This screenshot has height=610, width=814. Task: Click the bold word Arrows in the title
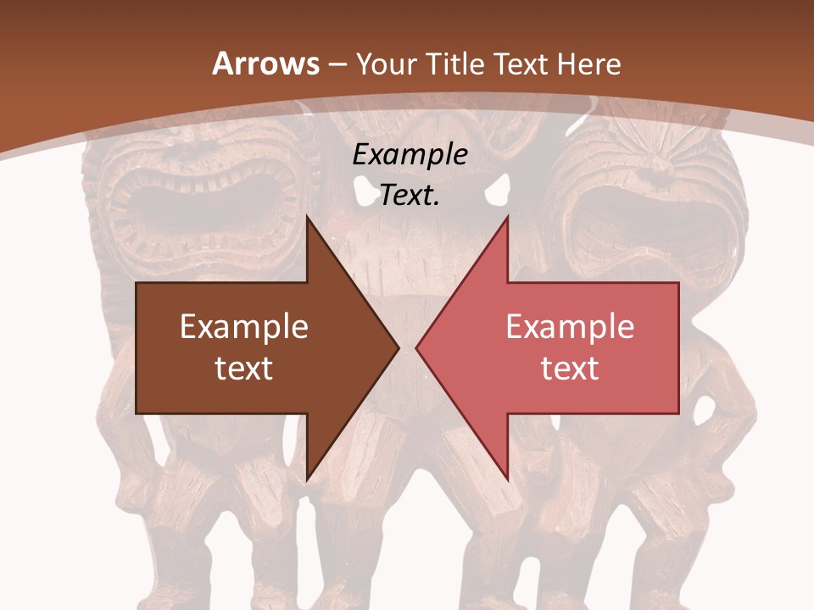[265, 64]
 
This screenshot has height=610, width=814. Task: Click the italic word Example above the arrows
[410, 155]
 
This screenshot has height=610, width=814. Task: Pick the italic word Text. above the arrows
[410, 196]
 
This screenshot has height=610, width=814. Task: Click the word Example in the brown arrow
[244, 327]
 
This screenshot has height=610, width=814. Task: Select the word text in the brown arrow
[244, 368]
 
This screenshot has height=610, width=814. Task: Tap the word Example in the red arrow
[570, 327]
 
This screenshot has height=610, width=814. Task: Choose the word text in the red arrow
[570, 368]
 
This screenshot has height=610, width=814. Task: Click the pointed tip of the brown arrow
[398, 347]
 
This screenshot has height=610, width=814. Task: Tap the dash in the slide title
[337, 64]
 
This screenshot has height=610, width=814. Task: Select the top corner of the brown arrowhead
[307, 217]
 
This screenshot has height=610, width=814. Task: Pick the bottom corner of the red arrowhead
[507, 479]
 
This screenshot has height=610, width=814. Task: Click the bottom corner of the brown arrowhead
[307, 479]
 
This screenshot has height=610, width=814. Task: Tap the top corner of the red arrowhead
[507, 217]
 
